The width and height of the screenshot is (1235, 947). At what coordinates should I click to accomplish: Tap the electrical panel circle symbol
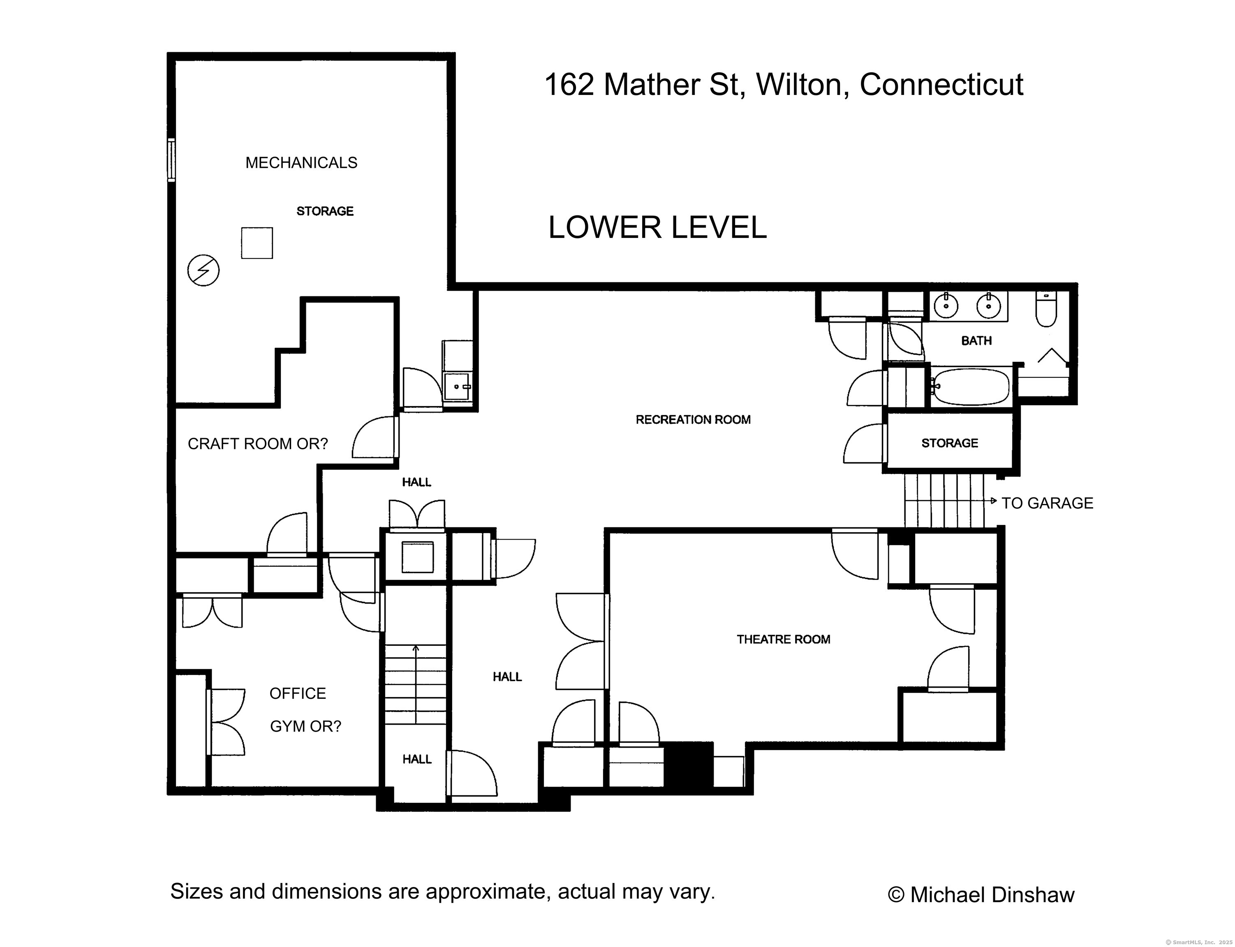pos(204,270)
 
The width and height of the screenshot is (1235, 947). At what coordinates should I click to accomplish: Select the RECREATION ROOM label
pos(693,419)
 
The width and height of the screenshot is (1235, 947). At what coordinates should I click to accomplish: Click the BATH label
pos(976,340)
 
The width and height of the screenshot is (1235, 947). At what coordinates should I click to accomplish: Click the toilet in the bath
pos(1046,309)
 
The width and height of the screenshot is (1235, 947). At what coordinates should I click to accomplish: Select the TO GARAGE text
pos(1047,503)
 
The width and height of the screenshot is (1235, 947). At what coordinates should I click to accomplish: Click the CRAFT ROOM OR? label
pos(258,444)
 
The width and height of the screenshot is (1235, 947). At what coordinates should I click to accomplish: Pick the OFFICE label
pos(298,693)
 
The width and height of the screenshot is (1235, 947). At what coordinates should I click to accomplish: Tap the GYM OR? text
pos(305,727)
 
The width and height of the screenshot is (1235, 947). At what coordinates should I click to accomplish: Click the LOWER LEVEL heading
pos(657,227)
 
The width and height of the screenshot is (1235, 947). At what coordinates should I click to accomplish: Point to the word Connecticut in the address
pos(941,85)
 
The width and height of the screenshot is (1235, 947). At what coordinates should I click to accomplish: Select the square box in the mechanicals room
pos(257,243)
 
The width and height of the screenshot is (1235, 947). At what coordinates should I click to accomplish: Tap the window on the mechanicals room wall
pos(171,160)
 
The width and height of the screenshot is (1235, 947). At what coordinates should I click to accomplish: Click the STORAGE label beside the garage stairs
pos(949,443)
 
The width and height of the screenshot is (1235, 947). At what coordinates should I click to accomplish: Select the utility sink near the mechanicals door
pos(458,387)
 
